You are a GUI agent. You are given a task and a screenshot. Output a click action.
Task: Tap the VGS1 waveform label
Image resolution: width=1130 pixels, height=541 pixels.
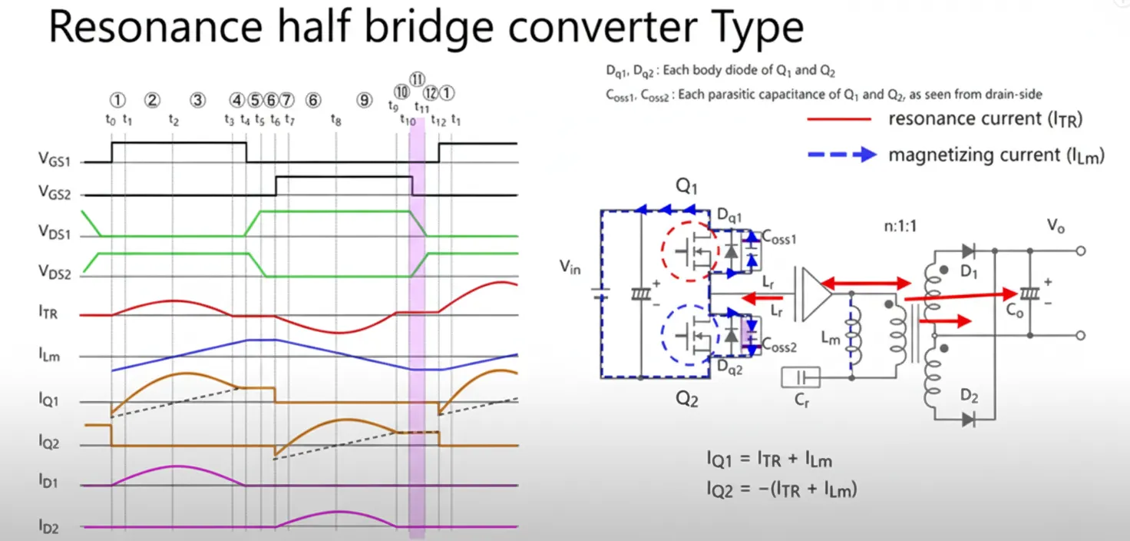[x=54, y=160]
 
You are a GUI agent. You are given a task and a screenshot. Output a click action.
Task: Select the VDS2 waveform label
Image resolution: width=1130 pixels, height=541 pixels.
[x=55, y=272]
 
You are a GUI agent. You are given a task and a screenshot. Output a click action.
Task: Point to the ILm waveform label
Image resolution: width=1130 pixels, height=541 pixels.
[x=49, y=355]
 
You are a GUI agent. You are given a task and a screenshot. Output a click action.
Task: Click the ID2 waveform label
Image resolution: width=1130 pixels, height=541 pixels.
[x=48, y=527]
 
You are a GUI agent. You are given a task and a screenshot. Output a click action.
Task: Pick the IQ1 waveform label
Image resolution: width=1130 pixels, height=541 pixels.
[x=49, y=400]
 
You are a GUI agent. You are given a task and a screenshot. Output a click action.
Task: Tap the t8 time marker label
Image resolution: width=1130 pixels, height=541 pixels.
[x=336, y=120]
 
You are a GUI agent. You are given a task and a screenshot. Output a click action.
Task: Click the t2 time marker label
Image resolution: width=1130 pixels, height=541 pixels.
[x=173, y=120]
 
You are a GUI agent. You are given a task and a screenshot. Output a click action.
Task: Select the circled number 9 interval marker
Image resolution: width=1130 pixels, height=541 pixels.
[x=364, y=100]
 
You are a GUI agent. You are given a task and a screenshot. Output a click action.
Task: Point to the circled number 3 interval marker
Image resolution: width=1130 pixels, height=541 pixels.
[x=198, y=100]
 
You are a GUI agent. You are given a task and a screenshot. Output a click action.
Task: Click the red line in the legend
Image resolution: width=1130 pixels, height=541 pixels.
[x=839, y=119]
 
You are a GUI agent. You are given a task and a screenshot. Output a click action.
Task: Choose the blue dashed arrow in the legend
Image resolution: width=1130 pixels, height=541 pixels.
[x=842, y=154]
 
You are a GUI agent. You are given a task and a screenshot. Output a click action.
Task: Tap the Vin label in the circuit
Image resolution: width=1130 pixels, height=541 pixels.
[x=570, y=267]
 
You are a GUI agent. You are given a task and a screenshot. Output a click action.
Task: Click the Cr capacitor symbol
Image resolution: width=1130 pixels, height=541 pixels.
[x=801, y=377]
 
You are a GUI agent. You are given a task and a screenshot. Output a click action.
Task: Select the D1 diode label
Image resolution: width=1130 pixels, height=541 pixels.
[x=969, y=272]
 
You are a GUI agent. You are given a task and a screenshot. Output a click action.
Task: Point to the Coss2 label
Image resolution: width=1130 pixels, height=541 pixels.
[x=779, y=346]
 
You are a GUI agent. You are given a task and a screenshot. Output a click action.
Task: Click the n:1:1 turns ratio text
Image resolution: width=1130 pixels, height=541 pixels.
[x=900, y=226]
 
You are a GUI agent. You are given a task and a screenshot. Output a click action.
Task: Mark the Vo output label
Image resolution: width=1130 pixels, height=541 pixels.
[x=1056, y=225]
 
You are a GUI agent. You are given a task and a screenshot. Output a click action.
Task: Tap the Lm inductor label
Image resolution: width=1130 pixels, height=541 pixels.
[x=831, y=338]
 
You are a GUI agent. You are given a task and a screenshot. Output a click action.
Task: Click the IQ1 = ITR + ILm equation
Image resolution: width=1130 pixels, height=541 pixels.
[x=770, y=460]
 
